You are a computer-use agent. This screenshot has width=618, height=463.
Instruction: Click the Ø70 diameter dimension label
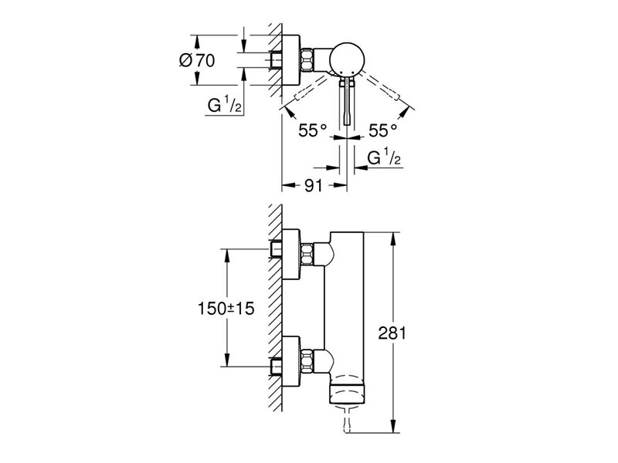(x=197, y=61)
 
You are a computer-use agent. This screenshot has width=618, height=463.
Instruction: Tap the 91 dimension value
(x=314, y=185)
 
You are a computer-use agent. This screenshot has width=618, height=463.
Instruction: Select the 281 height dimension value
(x=392, y=333)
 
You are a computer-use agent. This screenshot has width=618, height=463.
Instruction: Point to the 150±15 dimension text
(x=226, y=309)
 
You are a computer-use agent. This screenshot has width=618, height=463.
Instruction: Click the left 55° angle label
(x=313, y=130)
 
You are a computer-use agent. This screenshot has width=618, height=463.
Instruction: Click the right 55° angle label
(x=382, y=130)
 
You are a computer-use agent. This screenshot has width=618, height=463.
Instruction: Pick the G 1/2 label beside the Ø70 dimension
(x=224, y=105)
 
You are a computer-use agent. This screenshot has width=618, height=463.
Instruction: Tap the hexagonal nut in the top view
(x=307, y=60)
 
